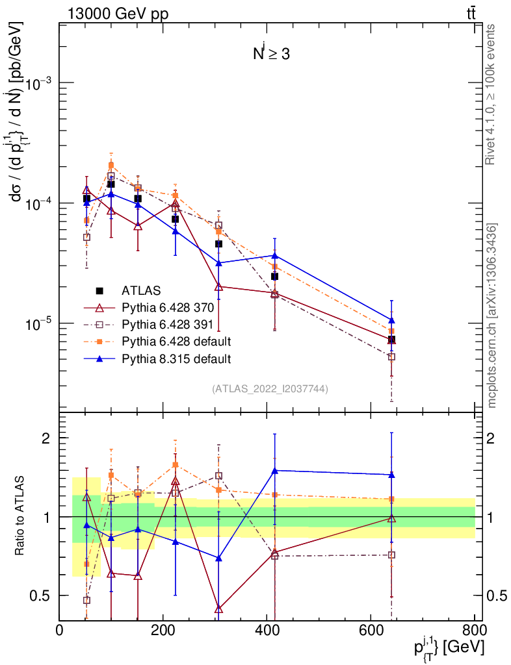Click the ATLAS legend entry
pyautogui.click(x=140, y=290)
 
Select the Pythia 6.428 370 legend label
pyautogui.click(x=167, y=307)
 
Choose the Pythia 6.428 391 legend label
pyautogui.click(x=167, y=324)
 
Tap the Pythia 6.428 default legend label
pyautogui.click(x=176, y=341)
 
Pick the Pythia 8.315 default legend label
pyautogui.click(x=176, y=358)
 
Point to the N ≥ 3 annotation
pyautogui.click(x=271, y=54)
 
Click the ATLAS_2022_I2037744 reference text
pyautogui.click(x=270, y=389)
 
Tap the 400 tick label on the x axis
pyautogui.click(x=267, y=631)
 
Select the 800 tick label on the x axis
pyautogui.click(x=473, y=631)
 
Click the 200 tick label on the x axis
pyautogui.click(x=163, y=631)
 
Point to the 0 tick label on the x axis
pyautogui.click(x=59, y=631)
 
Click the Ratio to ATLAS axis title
pyautogui.click(x=20, y=517)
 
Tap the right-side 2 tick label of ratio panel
pyautogui.click(x=493, y=438)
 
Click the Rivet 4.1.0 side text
pyautogui.click(x=492, y=95)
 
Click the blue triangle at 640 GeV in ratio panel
pyautogui.click(x=391, y=475)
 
